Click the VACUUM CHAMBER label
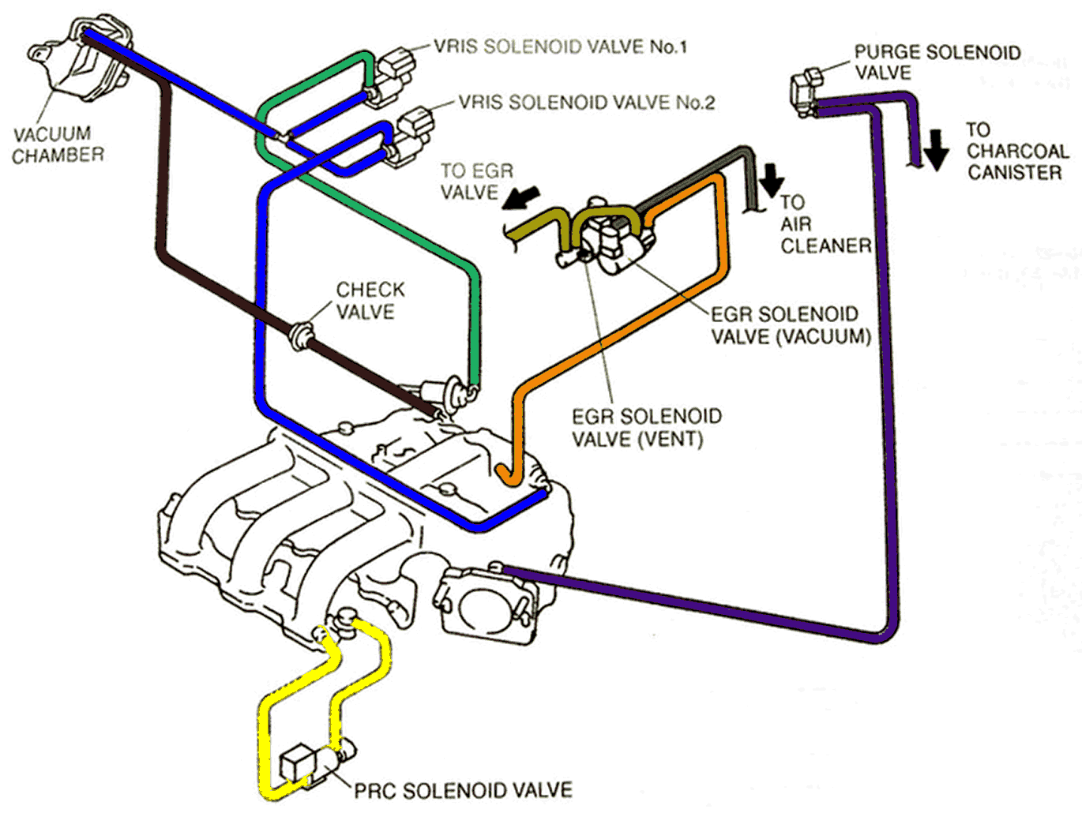pos(58,144)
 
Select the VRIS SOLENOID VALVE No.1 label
pos(560,47)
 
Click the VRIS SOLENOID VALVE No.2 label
pos(587,103)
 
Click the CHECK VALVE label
pos(370,301)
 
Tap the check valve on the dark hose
pos(299,336)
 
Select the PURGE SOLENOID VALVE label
pos(937,62)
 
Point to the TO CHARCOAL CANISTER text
pos(1017,152)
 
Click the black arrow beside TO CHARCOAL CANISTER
pos(936,150)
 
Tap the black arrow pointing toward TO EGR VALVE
pos(521,198)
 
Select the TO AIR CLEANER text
pos(825,224)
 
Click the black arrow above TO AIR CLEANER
pos(772,180)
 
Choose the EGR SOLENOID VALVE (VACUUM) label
pos(791,325)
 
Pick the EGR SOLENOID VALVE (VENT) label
pos(646,428)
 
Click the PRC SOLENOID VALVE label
pos(463,790)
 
